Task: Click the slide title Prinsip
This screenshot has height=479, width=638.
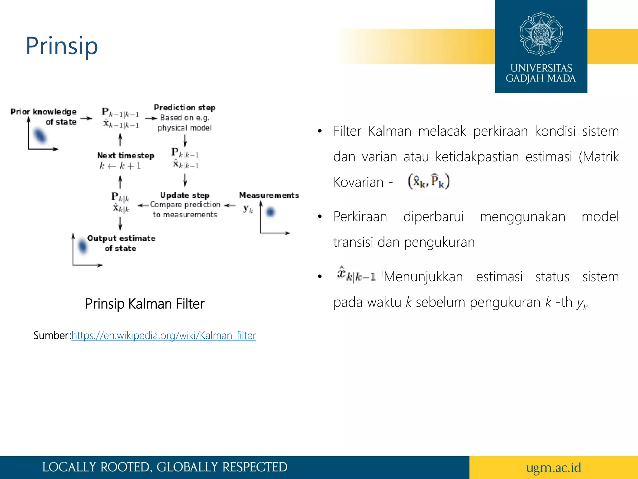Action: [x=62, y=46]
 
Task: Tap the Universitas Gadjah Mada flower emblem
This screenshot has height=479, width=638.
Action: [x=541, y=34]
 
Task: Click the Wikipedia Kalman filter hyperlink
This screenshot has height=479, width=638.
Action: [x=164, y=336]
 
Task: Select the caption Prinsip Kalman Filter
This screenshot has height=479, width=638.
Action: [x=145, y=304]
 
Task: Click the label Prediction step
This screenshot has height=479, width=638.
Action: [x=184, y=108]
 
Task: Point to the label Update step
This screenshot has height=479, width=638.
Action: [x=184, y=195]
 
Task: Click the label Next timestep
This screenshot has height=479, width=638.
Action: [x=126, y=155]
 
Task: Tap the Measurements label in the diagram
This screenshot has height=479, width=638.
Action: [x=269, y=195]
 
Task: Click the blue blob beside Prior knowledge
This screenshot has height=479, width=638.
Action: [x=40, y=136]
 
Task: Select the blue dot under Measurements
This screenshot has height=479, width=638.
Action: [x=270, y=212]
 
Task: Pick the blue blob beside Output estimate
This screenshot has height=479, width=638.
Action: [x=83, y=246]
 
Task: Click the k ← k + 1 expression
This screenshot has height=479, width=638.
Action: [x=120, y=166]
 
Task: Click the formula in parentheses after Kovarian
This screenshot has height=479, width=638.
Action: [x=429, y=181]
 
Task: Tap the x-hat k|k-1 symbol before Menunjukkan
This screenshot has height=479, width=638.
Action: [x=356, y=275]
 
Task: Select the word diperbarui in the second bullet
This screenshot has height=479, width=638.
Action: [x=433, y=217]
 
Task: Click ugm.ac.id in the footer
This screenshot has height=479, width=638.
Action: [x=553, y=467]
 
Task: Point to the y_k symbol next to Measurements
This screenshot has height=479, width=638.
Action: [x=248, y=209]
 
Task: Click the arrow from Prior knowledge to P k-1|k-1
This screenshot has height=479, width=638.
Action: [x=86, y=119]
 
